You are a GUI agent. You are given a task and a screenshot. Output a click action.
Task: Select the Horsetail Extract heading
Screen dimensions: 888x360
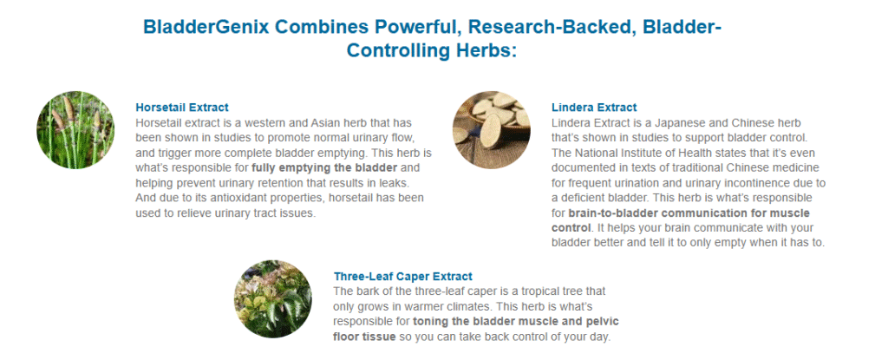point(182,108)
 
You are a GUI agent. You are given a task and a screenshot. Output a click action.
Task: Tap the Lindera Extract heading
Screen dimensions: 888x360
point(594,108)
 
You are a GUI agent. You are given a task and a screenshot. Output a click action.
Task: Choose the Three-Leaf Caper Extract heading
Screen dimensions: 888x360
point(402,277)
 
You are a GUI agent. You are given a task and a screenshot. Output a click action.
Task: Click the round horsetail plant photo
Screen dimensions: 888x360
point(75,130)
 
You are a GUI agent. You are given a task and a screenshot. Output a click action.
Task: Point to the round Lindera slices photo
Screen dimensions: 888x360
point(492,130)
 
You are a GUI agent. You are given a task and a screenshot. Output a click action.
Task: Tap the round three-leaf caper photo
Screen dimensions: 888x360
point(273,298)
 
